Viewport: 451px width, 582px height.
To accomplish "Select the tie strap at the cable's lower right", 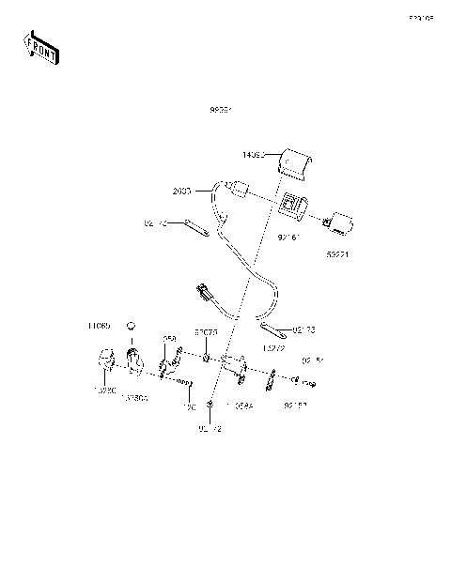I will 274,329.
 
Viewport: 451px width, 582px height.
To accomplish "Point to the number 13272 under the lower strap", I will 273,348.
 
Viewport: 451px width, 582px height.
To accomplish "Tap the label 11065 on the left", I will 99,326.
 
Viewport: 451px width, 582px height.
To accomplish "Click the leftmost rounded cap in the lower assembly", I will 104,360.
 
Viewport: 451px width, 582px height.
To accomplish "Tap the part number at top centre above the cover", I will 221,110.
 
